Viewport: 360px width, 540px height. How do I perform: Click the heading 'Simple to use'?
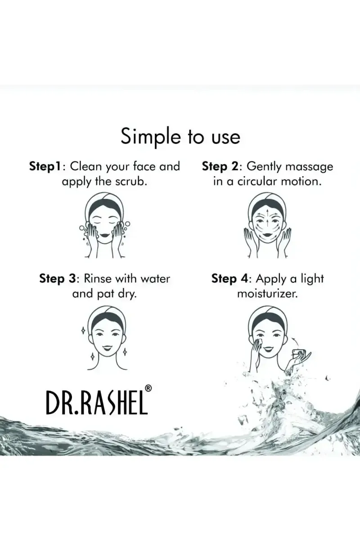click(180, 137)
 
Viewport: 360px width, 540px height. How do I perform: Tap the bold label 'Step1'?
click(45, 166)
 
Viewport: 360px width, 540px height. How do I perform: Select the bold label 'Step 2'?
click(220, 166)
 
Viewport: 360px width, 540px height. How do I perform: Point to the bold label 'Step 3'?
click(58, 279)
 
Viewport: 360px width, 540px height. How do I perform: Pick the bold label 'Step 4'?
click(229, 279)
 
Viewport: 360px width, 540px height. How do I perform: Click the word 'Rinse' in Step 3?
click(98, 279)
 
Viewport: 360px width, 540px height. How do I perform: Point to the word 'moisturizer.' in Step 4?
click(267, 293)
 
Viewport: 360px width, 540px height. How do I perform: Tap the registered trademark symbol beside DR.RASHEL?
click(149, 388)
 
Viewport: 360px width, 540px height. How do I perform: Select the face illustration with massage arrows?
click(267, 225)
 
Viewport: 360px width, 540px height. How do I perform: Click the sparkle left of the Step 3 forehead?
click(83, 331)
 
